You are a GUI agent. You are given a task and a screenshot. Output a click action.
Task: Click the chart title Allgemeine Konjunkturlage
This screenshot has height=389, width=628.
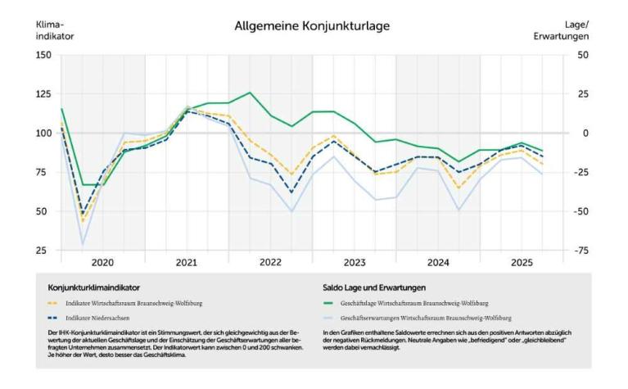click(312, 26)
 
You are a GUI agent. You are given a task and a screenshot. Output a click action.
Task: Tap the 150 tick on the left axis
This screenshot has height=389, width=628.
click(43, 55)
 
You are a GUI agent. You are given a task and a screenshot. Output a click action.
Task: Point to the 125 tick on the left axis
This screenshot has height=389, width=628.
click(43, 94)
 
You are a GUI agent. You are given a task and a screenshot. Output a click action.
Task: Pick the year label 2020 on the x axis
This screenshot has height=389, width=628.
click(102, 263)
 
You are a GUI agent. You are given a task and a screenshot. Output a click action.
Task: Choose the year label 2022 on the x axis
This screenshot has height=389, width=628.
click(270, 263)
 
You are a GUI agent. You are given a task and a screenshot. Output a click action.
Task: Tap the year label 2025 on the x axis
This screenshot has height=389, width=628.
click(521, 263)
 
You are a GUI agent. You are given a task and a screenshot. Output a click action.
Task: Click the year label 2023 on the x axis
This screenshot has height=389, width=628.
click(354, 263)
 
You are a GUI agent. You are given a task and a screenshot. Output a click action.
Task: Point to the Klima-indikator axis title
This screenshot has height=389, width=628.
click(52, 30)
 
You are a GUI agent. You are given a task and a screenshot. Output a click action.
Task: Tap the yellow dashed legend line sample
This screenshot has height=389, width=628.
click(53, 303)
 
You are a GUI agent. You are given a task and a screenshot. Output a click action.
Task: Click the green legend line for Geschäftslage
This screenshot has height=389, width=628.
click(330, 303)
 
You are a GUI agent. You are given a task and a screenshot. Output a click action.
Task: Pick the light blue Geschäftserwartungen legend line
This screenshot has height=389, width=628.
click(330, 315)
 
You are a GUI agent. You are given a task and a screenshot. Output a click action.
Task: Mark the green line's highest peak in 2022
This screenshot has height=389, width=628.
click(250, 93)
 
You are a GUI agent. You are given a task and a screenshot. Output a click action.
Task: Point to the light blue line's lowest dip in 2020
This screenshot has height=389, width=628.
click(82, 244)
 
